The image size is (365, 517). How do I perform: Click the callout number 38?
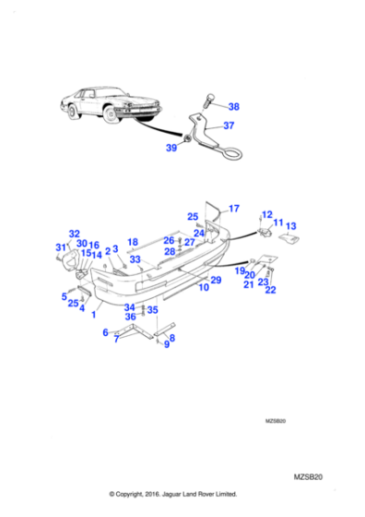pos(233,106)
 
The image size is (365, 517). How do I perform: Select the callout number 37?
pos(230,126)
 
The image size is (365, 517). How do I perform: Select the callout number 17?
pos(233,209)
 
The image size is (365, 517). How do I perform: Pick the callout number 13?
pos(290,226)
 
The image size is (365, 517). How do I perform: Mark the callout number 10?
pos(203,287)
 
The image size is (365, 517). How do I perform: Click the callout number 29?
pos(216,280)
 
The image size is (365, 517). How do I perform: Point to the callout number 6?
pos(105,331)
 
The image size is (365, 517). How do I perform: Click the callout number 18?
pos(133,242)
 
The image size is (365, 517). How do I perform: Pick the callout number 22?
pos(270,290)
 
